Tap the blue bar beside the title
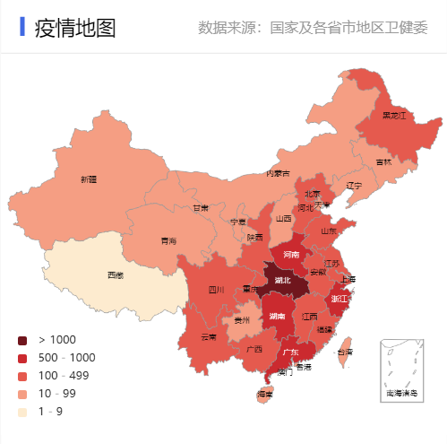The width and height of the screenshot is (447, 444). [21, 28]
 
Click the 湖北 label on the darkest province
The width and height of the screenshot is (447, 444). [283, 280]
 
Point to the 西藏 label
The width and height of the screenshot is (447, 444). [116, 274]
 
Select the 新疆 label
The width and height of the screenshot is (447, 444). [88, 179]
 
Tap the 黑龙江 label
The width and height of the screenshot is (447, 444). [394, 116]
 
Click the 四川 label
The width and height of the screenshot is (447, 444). [216, 290]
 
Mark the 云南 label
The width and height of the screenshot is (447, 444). [209, 337]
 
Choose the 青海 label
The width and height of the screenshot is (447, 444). [168, 240]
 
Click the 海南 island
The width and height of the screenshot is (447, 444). [264, 394]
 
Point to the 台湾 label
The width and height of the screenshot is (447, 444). [347, 353]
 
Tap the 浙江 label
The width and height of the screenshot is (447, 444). [340, 298]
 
